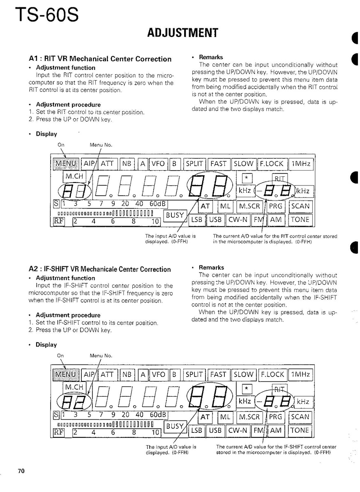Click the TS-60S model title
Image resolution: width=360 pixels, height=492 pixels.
(x=45, y=16)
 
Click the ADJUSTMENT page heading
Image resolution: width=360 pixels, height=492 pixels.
(x=182, y=32)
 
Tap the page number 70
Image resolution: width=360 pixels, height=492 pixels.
(x=21, y=471)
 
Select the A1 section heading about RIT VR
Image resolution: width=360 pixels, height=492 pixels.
(x=100, y=59)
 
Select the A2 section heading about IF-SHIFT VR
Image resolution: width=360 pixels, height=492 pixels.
(x=100, y=270)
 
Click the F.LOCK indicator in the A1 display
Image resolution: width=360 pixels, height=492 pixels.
(x=272, y=164)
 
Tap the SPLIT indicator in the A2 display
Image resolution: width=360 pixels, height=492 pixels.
(x=195, y=374)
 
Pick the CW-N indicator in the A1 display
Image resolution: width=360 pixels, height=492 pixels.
(x=238, y=220)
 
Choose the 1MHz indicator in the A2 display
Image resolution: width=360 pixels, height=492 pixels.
(x=300, y=374)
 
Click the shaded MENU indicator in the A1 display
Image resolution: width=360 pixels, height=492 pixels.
(x=66, y=164)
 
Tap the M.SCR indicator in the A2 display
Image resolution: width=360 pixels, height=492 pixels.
(x=249, y=417)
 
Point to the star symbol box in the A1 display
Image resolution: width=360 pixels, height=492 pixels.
(x=247, y=178)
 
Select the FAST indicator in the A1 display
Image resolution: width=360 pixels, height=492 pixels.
(x=218, y=164)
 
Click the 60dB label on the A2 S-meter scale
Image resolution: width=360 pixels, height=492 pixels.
(x=157, y=414)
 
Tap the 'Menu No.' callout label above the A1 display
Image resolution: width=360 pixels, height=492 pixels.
(x=101, y=145)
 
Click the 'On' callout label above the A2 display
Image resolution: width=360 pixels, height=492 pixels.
(x=61, y=356)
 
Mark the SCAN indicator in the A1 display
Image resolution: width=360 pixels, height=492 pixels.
(x=300, y=206)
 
